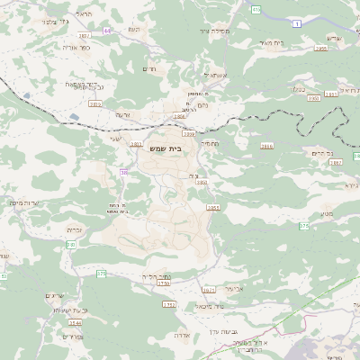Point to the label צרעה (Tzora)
pos(123,114)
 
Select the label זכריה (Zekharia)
pos(76,229)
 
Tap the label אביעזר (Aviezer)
pos(232,290)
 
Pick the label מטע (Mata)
pos(326,213)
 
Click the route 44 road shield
pos(107,31)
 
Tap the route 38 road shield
pos(123,171)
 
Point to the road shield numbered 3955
pos(321,49)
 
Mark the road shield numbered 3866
pos(266,145)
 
